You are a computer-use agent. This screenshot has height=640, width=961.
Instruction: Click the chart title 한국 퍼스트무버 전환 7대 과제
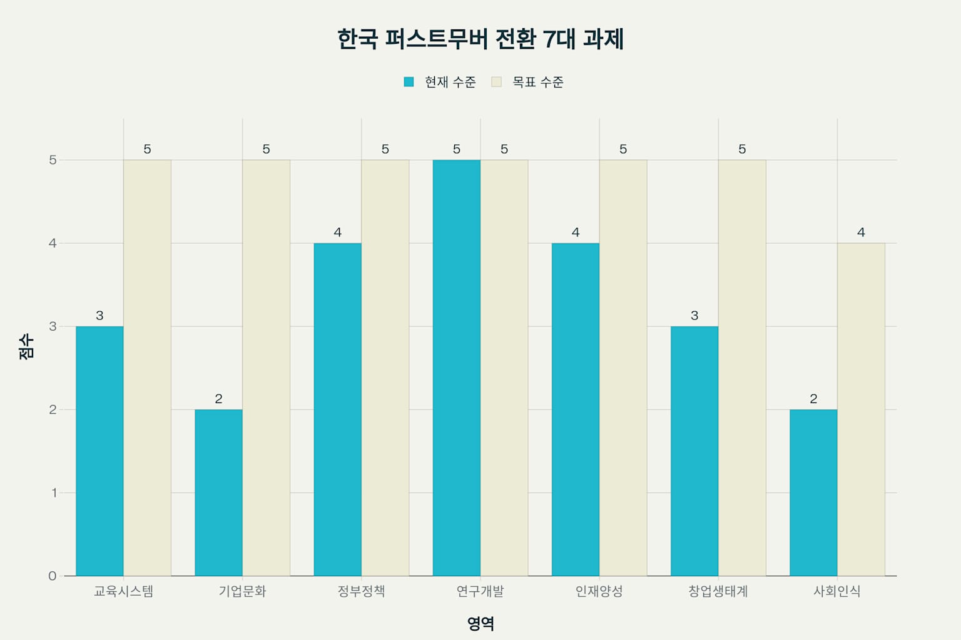click(x=480, y=39)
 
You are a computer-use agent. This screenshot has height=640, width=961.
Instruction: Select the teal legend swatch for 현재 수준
click(x=409, y=82)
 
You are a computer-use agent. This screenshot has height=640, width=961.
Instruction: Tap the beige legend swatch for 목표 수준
click(x=497, y=82)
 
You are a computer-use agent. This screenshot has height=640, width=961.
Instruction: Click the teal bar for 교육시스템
click(x=99, y=451)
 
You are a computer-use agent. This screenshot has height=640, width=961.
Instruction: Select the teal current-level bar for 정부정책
click(x=337, y=409)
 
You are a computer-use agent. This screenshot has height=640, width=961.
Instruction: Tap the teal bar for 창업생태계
click(x=694, y=451)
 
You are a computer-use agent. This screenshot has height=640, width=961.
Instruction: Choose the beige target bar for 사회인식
click(x=861, y=409)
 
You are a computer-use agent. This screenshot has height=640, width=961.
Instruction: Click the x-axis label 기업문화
click(x=242, y=591)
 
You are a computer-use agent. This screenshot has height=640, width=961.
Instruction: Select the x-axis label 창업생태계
click(x=718, y=591)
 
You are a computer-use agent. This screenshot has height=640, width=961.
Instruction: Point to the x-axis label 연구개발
click(x=480, y=591)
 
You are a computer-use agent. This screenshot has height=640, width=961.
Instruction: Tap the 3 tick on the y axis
click(x=53, y=326)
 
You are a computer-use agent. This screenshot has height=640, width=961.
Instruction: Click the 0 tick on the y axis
click(x=53, y=576)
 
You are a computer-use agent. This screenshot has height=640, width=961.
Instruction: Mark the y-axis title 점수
click(x=26, y=346)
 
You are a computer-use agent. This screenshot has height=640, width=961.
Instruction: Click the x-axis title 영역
click(x=480, y=623)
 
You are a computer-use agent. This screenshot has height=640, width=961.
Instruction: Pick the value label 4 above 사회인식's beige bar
click(x=861, y=232)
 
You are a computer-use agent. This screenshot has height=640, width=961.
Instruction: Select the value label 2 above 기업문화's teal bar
click(x=218, y=399)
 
